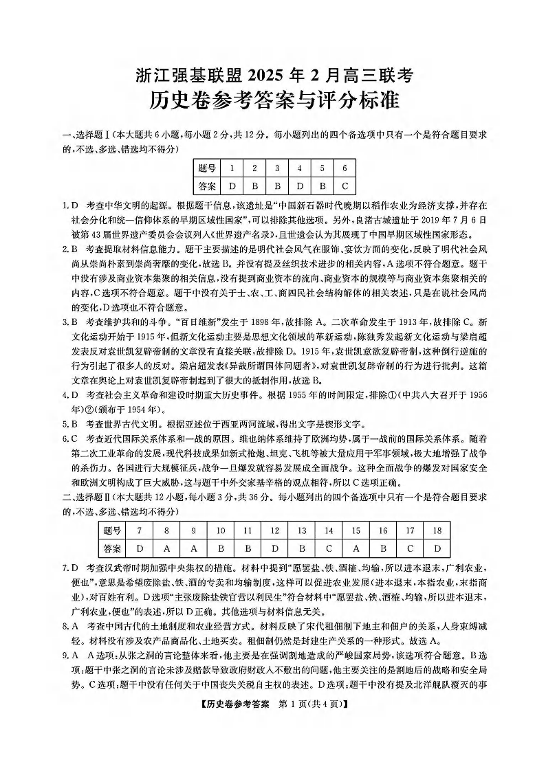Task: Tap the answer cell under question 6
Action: (345, 186)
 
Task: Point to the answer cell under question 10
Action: (221, 548)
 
